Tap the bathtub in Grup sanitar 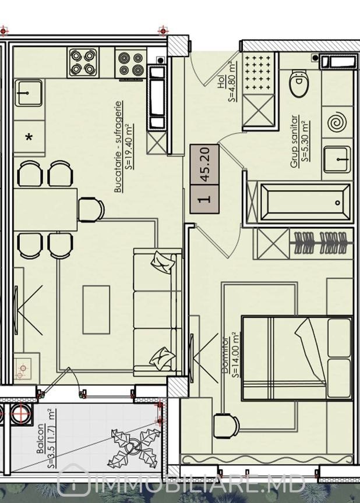click(x=305, y=203)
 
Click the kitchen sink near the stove click(x=29, y=93)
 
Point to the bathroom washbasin click(x=337, y=159)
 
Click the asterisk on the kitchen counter click(x=29, y=137)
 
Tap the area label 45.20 click(x=204, y=164)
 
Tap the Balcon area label click(x=45, y=438)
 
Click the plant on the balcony click(x=135, y=445)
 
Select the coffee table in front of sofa click(x=96, y=310)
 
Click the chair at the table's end click(x=91, y=210)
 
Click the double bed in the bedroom click(x=297, y=358)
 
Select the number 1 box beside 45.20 click(x=204, y=199)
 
